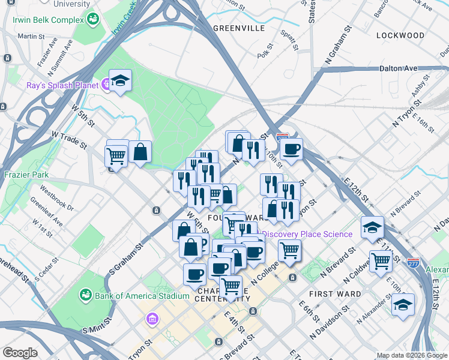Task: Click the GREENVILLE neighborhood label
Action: coord(238,28)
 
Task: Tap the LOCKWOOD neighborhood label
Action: coord(400,35)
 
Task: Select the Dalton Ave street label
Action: coord(398,68)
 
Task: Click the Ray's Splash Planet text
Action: coord(62,85)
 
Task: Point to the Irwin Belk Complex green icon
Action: coord(93,20)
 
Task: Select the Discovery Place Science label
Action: coord(307,234)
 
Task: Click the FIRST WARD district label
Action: coord(335,294)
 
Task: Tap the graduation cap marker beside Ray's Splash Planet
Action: coord(120,81)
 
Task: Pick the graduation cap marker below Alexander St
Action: coord(403,304)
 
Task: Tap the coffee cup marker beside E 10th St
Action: coord(291,149)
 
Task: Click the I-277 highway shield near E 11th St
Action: coord(412,263)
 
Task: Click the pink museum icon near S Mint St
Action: coord(152,317)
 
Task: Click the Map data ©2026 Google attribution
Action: coord(411,355)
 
